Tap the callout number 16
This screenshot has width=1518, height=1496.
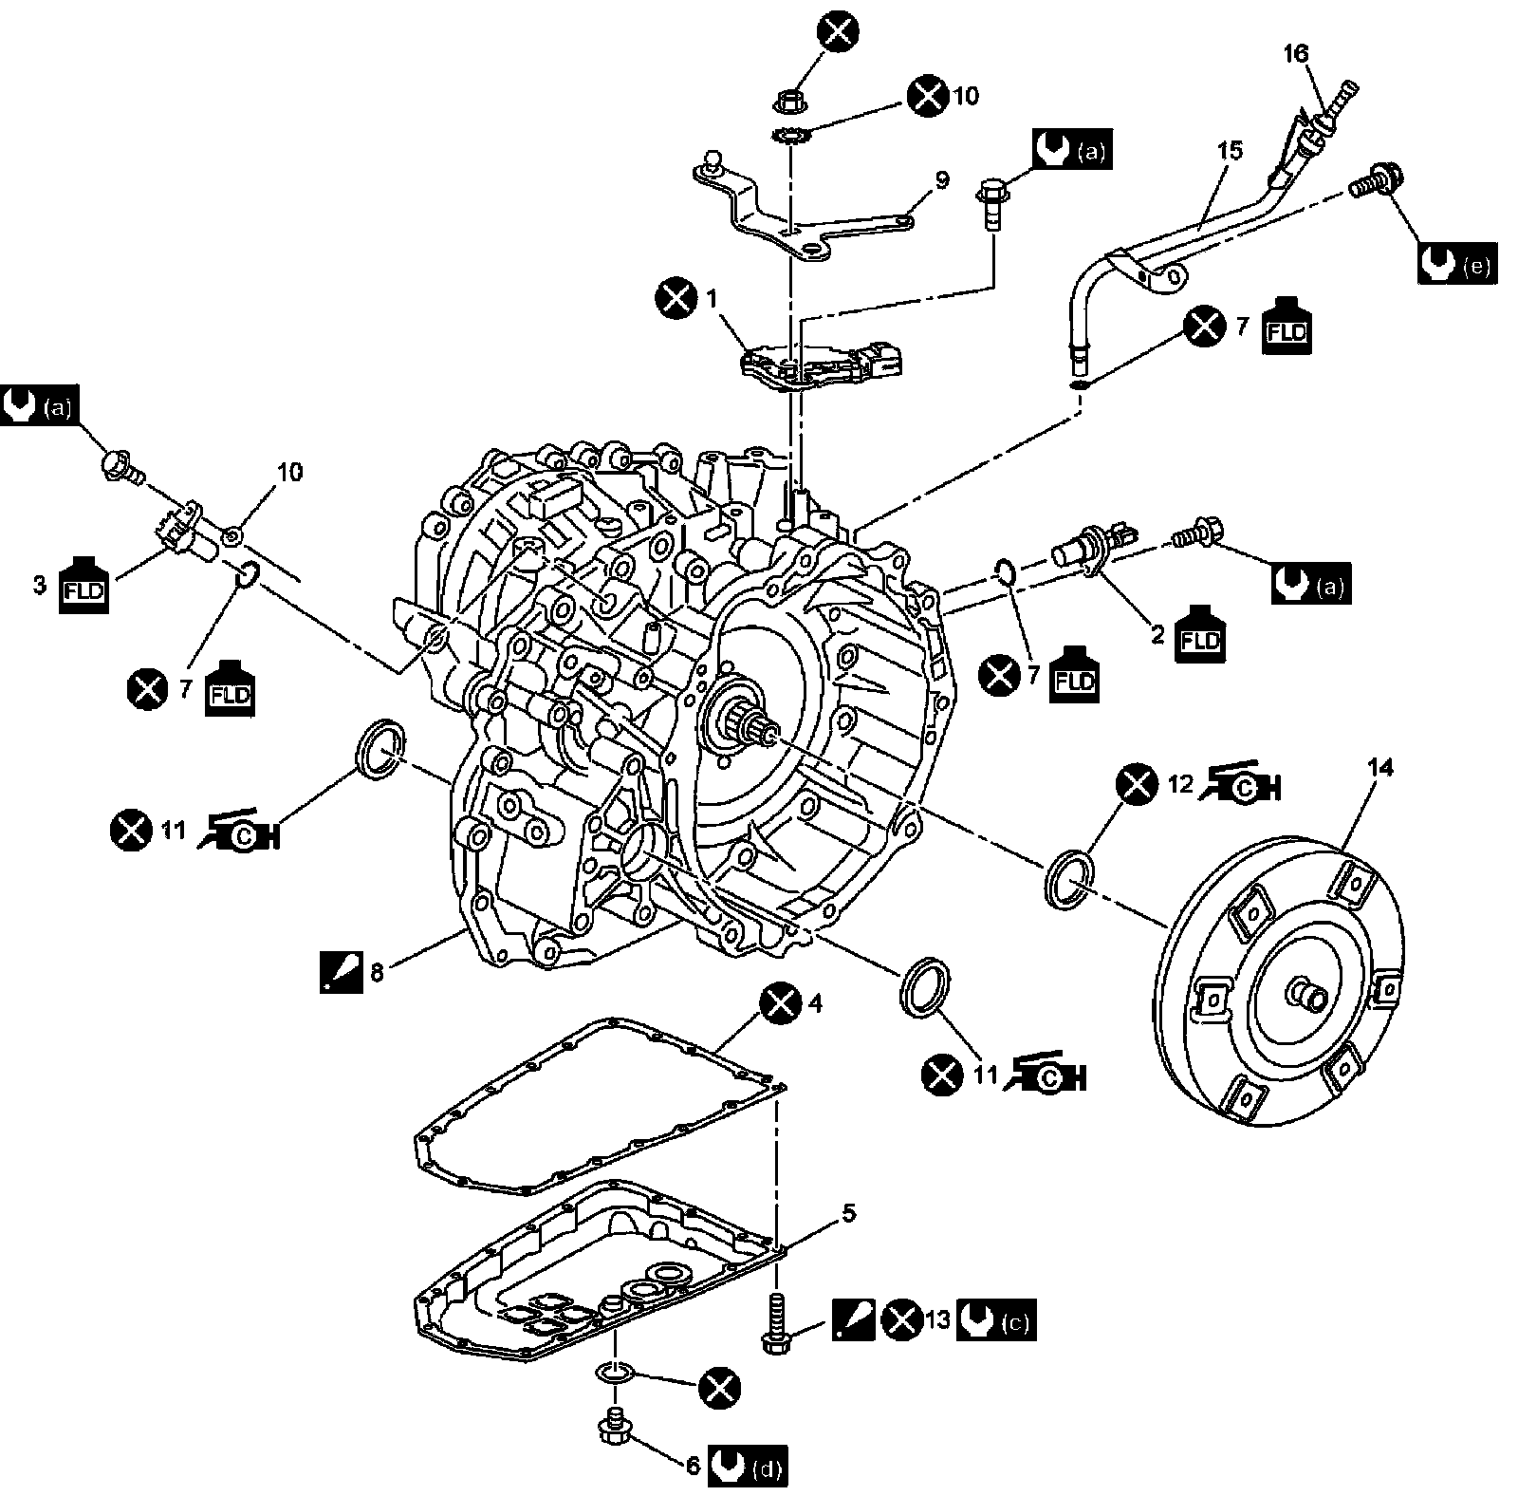click(x=1295, y=53)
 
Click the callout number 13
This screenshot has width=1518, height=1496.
click(x=937, y=1320)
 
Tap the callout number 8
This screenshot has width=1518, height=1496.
click(x=377, y=973)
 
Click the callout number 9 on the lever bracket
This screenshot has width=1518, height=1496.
click(x=940, y=180)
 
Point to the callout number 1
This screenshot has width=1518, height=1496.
click(x=713, y=298)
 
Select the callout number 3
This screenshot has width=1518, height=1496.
click(x=39, y=585)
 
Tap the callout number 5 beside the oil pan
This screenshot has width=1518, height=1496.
click(x=848, y=1212)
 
